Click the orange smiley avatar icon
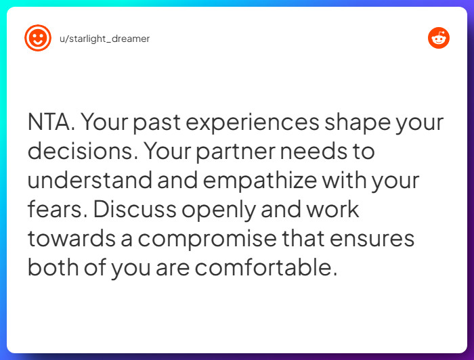38,39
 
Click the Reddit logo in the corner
439,39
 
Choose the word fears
56,210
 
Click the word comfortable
265,268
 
